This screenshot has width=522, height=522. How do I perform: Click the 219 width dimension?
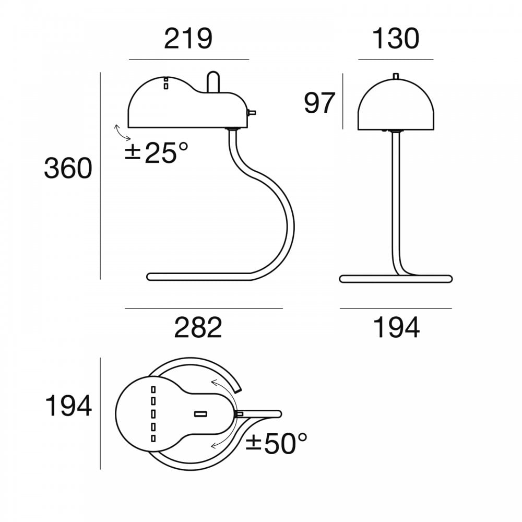pyautogui.click(x=188, y=39)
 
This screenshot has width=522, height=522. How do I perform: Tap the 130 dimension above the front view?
pyautogui.click(x=396, y=39)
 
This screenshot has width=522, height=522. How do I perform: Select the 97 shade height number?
pyautogui.click(x=319, y=103)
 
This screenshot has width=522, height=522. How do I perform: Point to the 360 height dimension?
pyautogui.click(x=68, y=168)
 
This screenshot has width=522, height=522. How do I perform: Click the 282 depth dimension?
pyautogui.click(x=198, y=328)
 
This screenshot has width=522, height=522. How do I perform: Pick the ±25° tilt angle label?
pyautogui.click(x=157, y=153)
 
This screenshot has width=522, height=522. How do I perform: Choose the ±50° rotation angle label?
pyautogui.click(x=276, y=444)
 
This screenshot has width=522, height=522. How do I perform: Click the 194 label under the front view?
pyautogui.click(x=396, y=328)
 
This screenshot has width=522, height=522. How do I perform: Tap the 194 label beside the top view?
pyautogui.click(x=68, y=406)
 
